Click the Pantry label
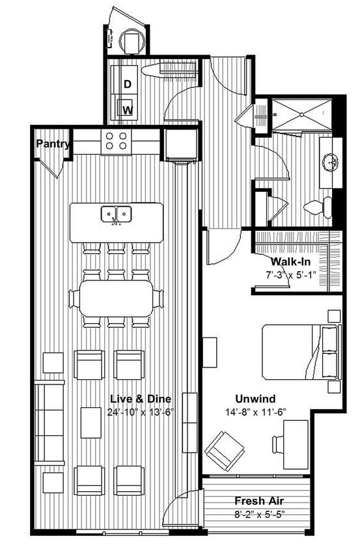point(52,143)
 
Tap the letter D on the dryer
point(128,84)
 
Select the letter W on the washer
point(128,109)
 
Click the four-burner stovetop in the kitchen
point(117,141)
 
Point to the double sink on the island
point(116,214)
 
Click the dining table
point(116,298)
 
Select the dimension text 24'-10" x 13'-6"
point(140,412)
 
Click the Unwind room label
point(255,399)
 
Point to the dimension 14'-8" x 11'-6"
point(255,412)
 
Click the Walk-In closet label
point(291,261)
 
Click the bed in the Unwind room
point(300,352)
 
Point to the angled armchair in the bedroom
point(224,451)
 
